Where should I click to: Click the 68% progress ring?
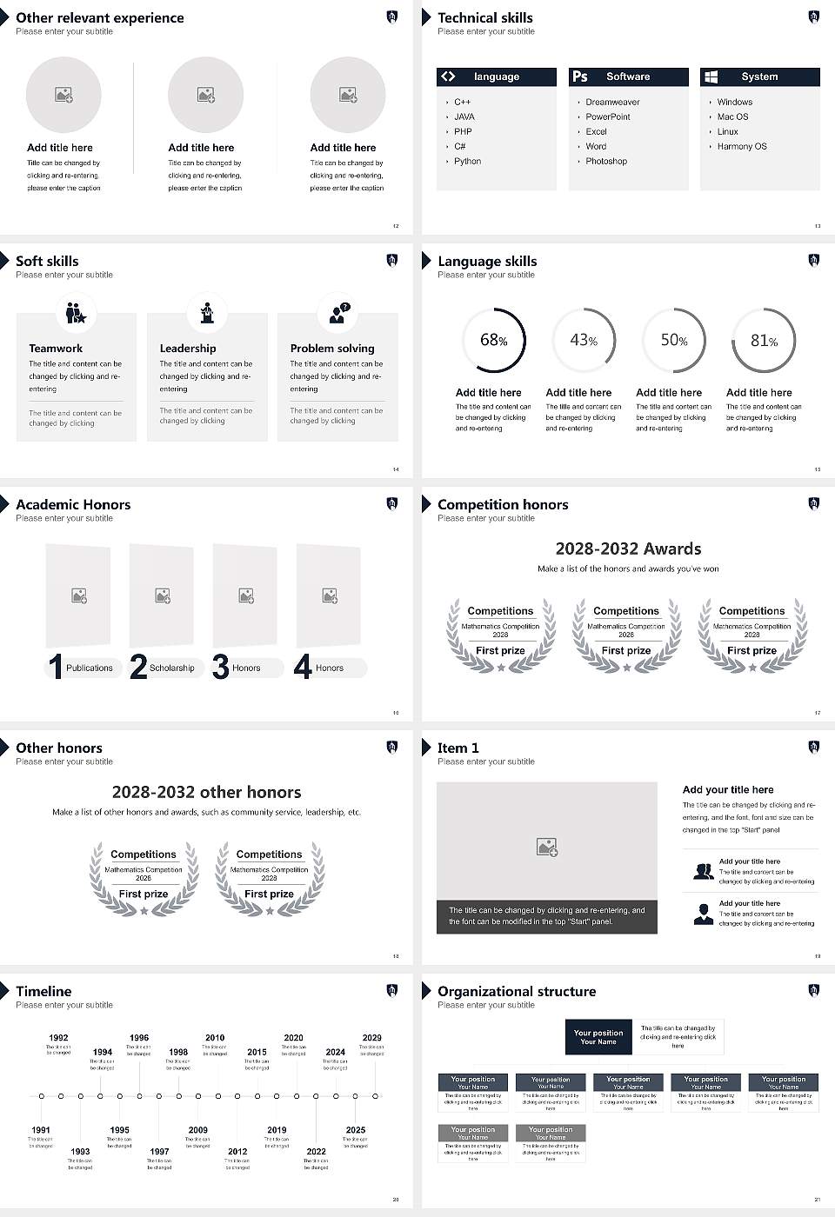(493, 340)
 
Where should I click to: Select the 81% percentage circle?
(764, 340)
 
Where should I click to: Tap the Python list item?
(467, 161)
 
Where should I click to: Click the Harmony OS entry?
(742, 146)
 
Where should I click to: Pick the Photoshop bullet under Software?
(605, 161)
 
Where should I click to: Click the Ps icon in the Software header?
(580, 76)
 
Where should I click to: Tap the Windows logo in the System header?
(711, 76)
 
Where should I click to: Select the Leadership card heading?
(188, 348)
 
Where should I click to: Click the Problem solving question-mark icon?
(338, 313)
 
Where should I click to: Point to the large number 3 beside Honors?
(220, 667)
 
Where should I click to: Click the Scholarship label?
(171, 668)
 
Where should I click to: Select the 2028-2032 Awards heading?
(628, 549)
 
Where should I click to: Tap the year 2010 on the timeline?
(215, 1037)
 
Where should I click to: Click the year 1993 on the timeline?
(80, 1151)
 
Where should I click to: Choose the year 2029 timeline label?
(371, 1037)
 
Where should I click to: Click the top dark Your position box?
(598, 1037)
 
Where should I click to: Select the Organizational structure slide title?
(517, 991)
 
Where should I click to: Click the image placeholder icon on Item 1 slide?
(546, 846)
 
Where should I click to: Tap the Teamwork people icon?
(76, 313)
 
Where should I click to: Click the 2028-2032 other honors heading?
(206, 792)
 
